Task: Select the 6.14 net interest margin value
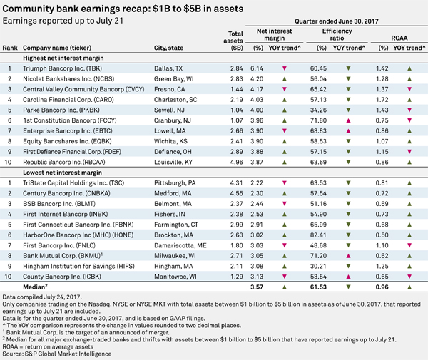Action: click(x=257, y=68)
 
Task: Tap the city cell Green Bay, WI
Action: click(x=174, y=79)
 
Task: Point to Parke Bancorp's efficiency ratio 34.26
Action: click(x=318, y=110)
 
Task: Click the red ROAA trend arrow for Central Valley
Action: click(x=409, y=89)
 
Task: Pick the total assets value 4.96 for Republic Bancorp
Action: click(x=236, y=163)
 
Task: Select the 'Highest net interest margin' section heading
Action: click(x=63, y=58)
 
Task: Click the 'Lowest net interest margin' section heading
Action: click(x=62, y=173)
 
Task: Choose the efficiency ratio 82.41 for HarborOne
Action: click(x=318, y=235)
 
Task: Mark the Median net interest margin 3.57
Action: click(x=257, y=287)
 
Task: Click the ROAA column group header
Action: click(x=399, y=38)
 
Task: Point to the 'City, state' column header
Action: click(x=168, y=48)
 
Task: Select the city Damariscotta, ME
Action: click(x=180, y=245)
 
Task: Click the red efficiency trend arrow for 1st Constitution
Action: click(x=348, y=120)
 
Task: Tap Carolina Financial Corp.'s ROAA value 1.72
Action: click(x=382, y=100)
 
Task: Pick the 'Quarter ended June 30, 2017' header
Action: click(x=337, y=21)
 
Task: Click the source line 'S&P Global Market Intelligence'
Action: click(x=68, y=354)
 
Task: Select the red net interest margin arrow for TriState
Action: click(x=285, y=183)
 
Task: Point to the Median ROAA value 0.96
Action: click(x=382, y=287)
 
